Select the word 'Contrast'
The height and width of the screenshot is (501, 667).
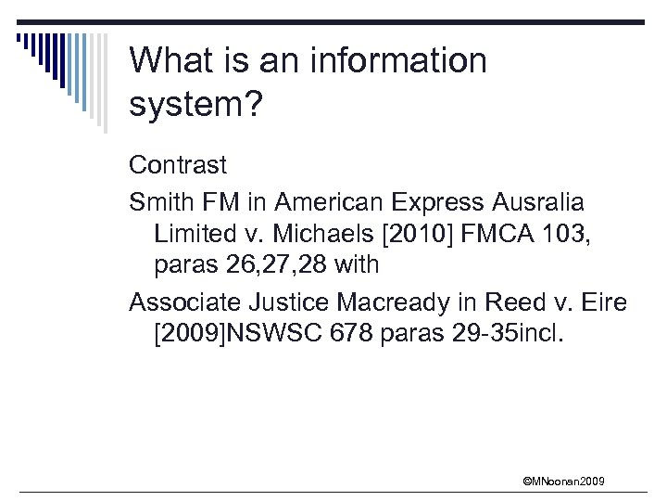(x=178, y=165)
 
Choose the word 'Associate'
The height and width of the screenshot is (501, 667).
(x=187, y=302)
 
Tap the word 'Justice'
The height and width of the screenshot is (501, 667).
(x=298, y=302)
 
